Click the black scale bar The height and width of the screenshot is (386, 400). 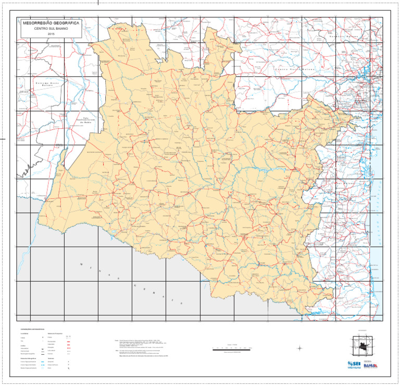point(235,347)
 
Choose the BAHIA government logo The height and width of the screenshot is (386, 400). point(370,365)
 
